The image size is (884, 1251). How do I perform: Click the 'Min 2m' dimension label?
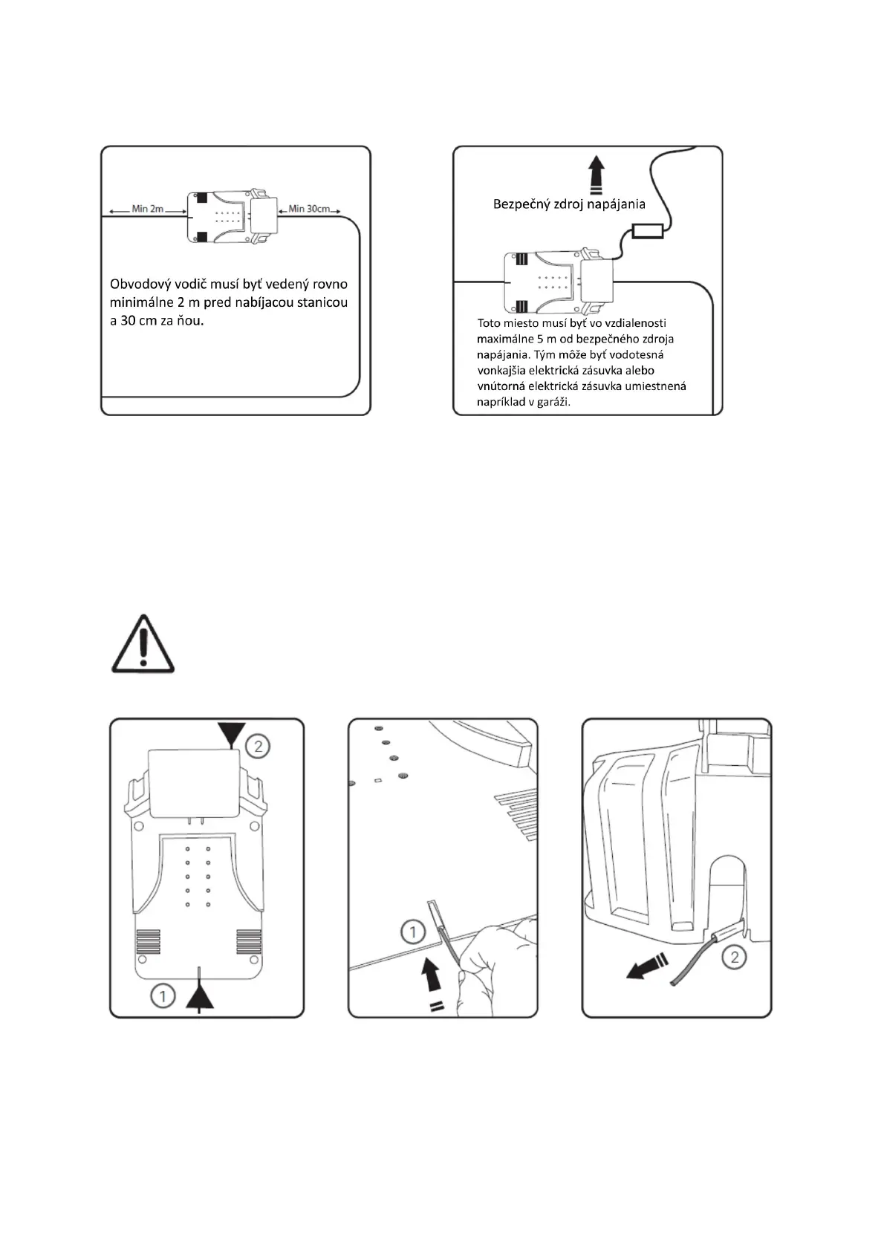coord(147,209)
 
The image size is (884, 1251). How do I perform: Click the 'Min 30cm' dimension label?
coord(309,209)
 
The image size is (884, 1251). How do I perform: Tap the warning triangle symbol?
coord(143,644)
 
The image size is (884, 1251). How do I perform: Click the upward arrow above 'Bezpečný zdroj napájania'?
coord(595,175)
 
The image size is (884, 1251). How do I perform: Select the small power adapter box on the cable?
coord(647,231)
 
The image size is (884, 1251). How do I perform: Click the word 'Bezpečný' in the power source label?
coord(519,204)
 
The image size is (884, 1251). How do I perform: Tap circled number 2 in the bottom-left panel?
coord(258,745)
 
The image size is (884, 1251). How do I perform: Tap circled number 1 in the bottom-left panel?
coord(163,995)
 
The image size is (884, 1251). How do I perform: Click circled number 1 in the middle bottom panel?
coord(412,932)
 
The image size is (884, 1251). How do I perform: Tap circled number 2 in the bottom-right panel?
coord(735,956)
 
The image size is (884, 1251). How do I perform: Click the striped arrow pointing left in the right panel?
coord(645,968)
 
